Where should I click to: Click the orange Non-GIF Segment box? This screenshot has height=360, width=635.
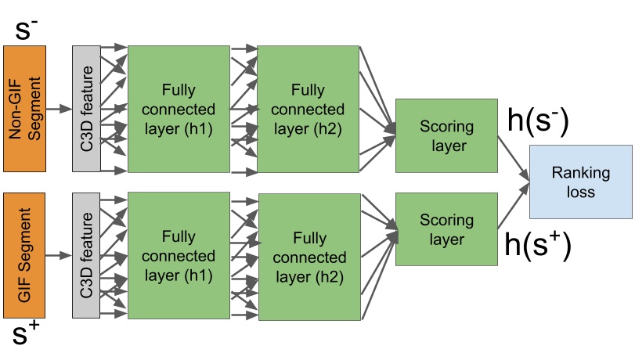(x=27, y=108)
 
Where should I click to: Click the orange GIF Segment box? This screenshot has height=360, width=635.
(x=27, y=255)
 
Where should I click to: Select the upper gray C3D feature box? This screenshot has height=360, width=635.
(x=86, y=108)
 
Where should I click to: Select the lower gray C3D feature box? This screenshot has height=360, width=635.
(x=86, y=255)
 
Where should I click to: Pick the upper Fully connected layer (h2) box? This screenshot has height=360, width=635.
(x=306, y=108)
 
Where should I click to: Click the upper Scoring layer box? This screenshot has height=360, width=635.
(x=446, y=135)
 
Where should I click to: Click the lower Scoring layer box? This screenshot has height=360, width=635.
(x=446, y=229)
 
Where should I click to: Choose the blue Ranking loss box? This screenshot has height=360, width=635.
(x=580, y=182)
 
